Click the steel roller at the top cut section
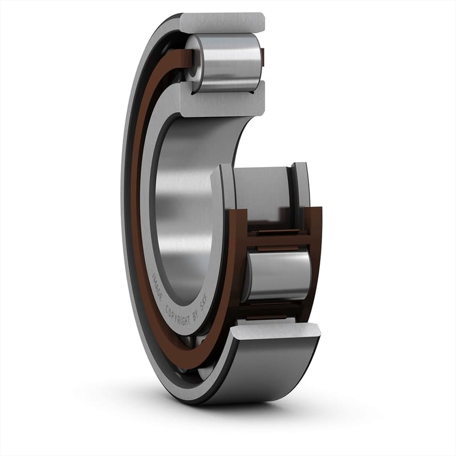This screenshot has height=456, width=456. click(226, 63)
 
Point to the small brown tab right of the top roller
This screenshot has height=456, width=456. click(263, 56)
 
